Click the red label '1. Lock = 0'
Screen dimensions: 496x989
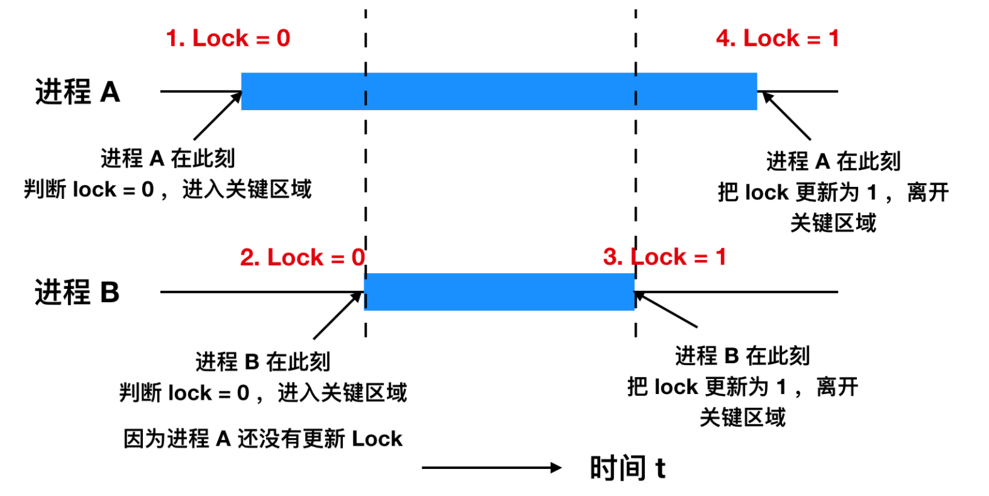point(228,38)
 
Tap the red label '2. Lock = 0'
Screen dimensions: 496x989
point(302,257)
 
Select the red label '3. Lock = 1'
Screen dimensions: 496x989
point(664,257)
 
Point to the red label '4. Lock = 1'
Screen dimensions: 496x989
point(777,38)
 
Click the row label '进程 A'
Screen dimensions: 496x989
point(77,92)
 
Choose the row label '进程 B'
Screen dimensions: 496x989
point(77,293)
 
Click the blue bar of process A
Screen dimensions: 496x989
point(499,91)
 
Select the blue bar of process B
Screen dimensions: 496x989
point(499,291)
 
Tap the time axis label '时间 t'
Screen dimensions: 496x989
point(627,468)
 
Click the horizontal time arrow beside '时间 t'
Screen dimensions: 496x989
point(491,468)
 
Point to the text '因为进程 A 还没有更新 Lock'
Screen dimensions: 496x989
point(262,439)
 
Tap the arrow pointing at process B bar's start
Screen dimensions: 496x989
point(338,315)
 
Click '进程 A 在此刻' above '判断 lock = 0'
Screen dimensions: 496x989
point(167,159)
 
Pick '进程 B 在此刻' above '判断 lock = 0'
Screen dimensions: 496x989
point(262,362)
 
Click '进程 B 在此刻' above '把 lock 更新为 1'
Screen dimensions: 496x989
point(742,356)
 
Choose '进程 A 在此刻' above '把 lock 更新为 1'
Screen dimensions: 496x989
point(833,162)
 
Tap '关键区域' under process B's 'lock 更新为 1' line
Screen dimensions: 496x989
point(742,417)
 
